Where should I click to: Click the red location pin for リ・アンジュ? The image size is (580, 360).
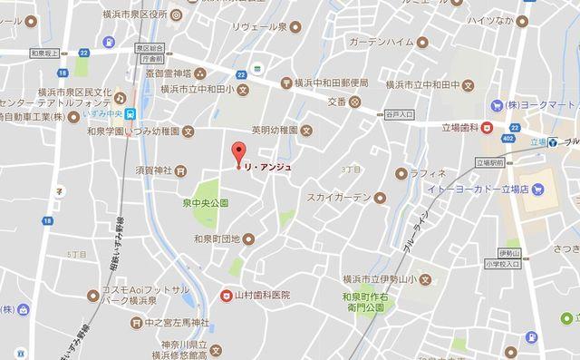239,153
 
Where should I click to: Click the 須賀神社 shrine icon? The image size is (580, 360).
180,170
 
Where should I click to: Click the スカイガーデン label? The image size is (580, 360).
338,197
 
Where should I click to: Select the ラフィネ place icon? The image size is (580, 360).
400,172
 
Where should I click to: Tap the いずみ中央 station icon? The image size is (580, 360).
132,113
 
